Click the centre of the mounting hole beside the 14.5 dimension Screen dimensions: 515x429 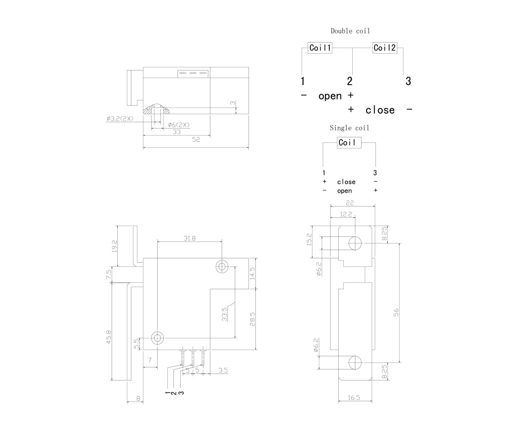click(222, 267)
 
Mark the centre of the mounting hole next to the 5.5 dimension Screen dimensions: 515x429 click(158, 338)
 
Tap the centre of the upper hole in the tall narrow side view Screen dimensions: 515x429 click(355, 243)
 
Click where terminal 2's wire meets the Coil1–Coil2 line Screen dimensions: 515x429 click(352, 48)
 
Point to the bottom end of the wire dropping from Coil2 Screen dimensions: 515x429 click(403, 75)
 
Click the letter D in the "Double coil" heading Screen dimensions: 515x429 click(333, 31)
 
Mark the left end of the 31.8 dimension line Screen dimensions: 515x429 click(158, 242)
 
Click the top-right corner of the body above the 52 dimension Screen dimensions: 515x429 click(248, 67)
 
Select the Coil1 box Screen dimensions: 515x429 click(320, 48)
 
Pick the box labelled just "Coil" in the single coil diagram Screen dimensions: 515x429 click(349, 142)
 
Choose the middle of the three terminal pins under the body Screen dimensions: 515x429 click(193, 357)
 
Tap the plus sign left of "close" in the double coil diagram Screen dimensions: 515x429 click(351, 109)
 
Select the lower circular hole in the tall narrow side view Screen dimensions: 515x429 click(355, 363)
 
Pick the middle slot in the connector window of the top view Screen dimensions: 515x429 click(193, 73)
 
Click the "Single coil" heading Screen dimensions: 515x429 click(349, 128)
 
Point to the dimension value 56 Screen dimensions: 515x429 click(396, 313)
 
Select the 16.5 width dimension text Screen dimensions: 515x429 click(354, 397)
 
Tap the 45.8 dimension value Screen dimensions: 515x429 click(109, 337)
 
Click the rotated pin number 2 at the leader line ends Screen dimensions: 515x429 click(174, 393)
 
